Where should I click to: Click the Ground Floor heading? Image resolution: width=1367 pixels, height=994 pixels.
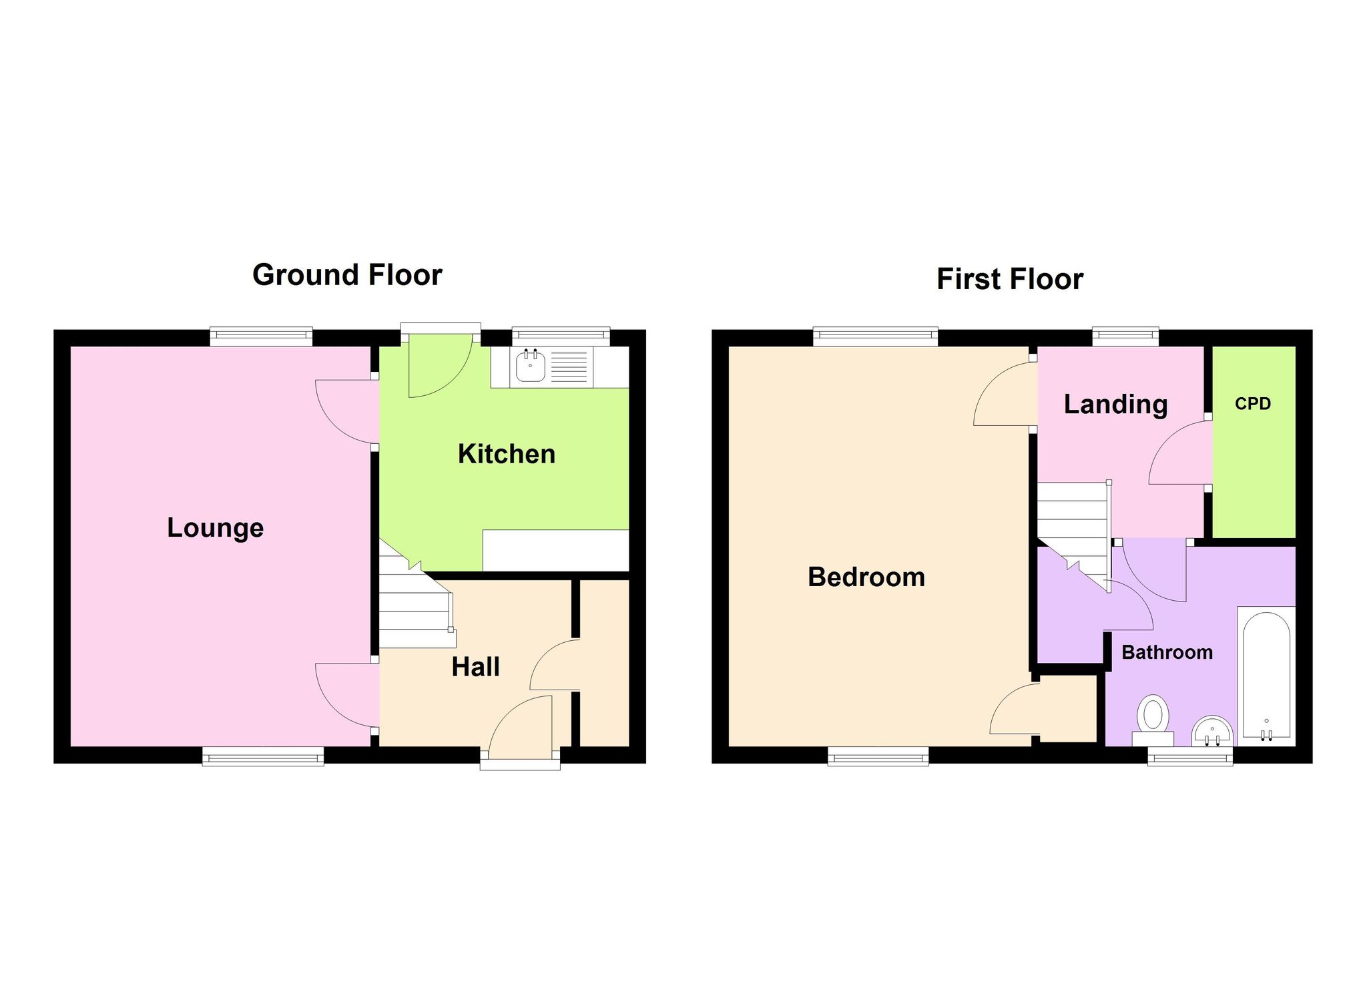[347, 275]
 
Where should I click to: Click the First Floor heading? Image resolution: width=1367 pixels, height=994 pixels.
[1010, 279]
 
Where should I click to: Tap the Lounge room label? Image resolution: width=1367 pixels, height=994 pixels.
[215, 528]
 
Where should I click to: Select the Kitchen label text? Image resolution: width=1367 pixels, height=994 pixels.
[507, 454]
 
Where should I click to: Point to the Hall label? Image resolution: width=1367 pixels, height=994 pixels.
[475, 667]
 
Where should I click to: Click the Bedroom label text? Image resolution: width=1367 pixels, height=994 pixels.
[866, 577]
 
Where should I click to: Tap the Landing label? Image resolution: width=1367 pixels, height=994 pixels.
[1115, 405]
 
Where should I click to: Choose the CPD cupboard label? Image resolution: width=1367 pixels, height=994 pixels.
[1253, 404]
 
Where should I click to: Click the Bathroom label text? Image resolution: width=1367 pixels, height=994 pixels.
[1167, 652]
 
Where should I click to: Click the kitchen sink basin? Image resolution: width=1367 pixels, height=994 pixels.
[531, 366]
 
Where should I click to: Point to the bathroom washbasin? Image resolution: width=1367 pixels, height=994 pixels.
[1212, 732]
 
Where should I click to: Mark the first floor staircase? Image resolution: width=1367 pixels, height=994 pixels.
[1074, 534]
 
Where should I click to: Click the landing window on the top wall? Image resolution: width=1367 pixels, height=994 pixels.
[1125, 336]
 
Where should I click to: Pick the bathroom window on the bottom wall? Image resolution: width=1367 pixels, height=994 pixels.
[1190, 756]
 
